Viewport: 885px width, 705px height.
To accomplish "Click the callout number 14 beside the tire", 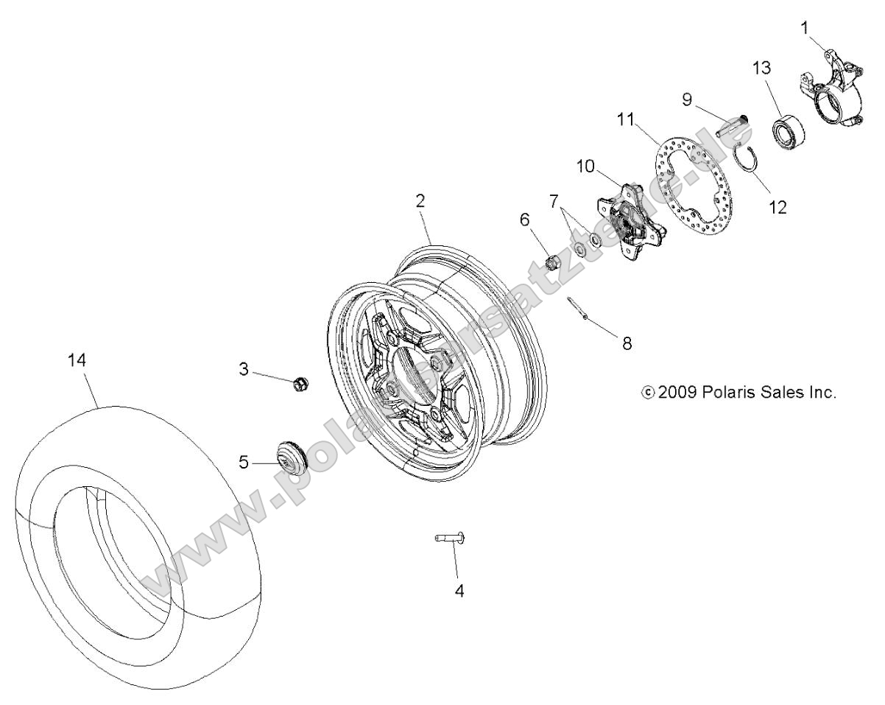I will pos(77,361).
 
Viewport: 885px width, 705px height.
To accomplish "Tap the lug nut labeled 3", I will pos(300,383).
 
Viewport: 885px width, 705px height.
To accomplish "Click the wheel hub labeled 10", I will pos(632,225).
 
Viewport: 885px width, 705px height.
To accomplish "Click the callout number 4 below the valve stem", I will pos(459,591).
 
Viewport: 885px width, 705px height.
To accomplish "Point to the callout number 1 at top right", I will pos(805,28).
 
